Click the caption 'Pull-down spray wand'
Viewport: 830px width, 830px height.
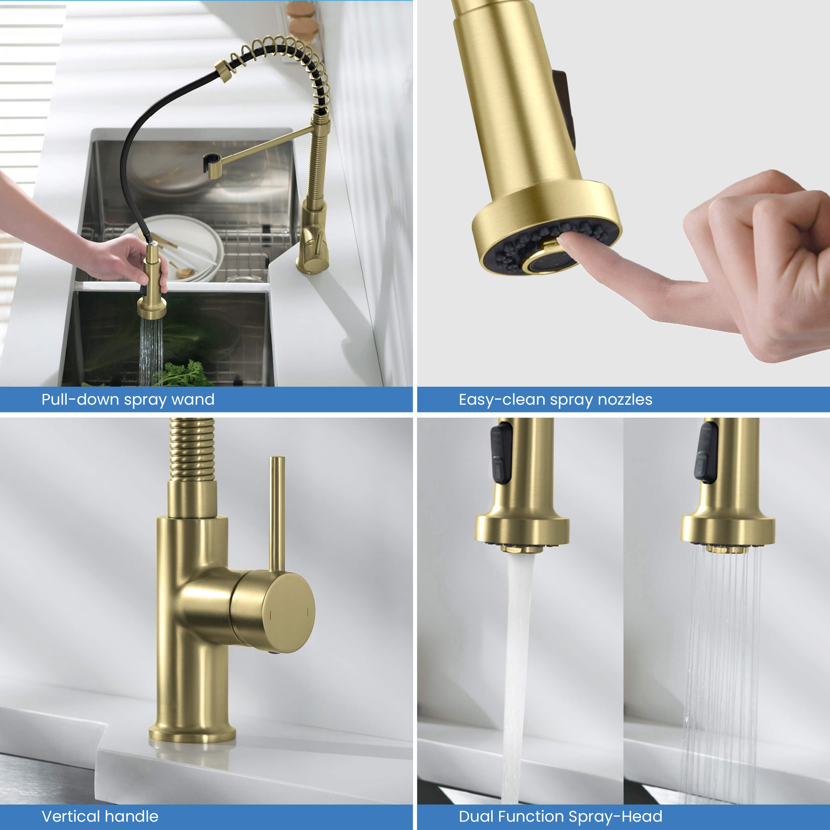coord(127,399)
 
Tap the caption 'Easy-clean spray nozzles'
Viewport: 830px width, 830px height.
coord(555,399)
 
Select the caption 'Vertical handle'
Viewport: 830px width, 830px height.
coord(100,816)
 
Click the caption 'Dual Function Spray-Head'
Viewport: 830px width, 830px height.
coord(560,816)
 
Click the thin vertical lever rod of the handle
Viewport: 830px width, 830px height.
coord(277,511)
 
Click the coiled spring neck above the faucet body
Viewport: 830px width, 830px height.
coord(192,449)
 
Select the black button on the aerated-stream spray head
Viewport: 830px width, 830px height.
coord(501,453)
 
